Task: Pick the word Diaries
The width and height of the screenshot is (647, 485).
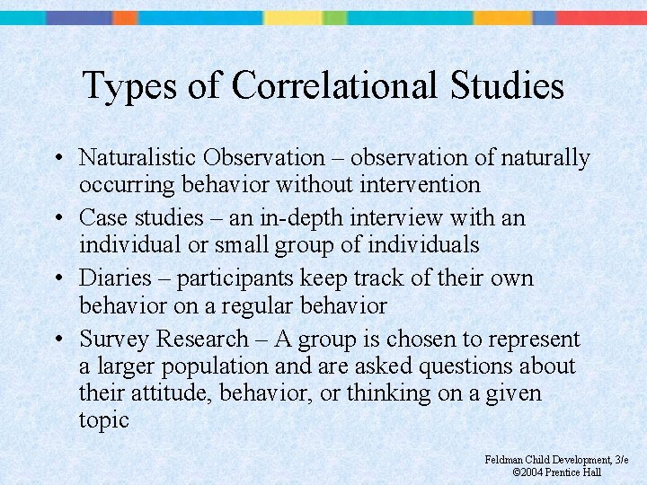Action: coord(109,278)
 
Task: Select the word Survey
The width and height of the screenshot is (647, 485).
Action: coord(114,339)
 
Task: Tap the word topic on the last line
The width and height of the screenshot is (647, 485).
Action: coord(104,420)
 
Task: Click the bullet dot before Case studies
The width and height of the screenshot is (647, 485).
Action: coord(57,218)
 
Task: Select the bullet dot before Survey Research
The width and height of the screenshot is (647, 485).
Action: coord(57,339)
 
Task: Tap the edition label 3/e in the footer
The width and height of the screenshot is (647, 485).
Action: coord(620,460)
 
